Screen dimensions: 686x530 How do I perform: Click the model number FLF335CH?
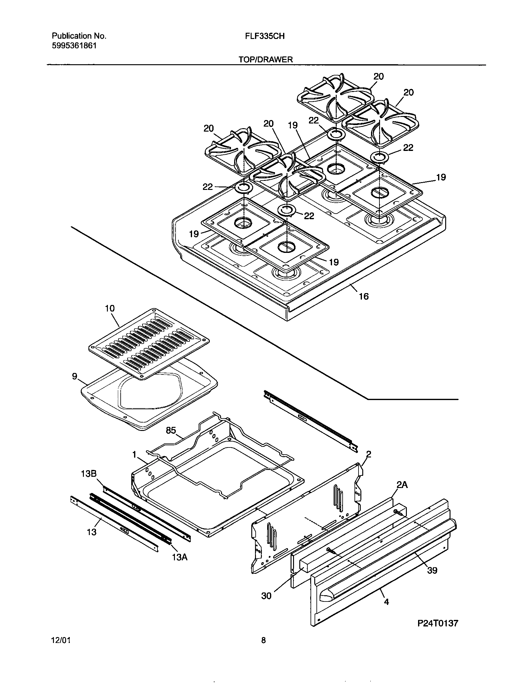[x=265, y=36]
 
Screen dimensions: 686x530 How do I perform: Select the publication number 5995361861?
[x=74, y=46]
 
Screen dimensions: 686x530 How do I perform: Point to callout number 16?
[x=364, y=296]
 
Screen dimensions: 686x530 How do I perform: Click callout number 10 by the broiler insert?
[x=109, y=308]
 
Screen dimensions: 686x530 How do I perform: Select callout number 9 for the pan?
[x=75, y=376]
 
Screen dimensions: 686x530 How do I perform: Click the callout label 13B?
[x=89, y=473]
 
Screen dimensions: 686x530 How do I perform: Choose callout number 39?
[x=432, y=570]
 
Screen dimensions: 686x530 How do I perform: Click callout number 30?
[x=266, y=596]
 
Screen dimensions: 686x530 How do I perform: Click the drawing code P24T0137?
[x=438, y=623]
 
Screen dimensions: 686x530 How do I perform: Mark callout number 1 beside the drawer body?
[x=134, y=454]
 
